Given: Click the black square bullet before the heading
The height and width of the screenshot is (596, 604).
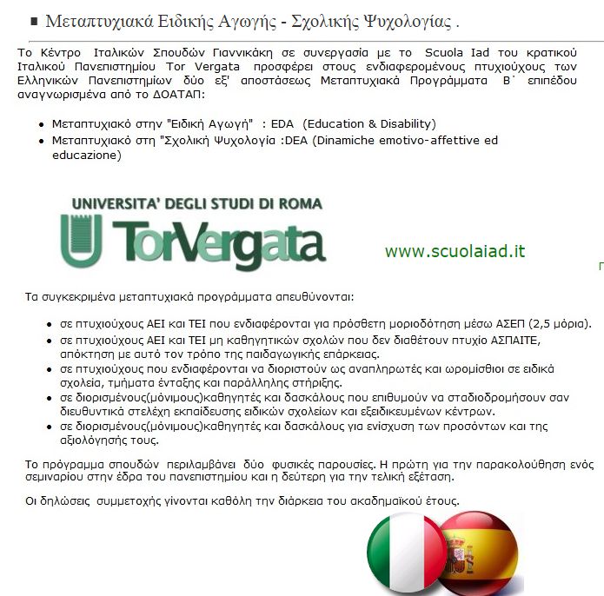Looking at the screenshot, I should (x=33, y=21).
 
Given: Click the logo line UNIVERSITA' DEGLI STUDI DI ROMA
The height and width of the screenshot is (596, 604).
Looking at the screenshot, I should (x=196, y=204).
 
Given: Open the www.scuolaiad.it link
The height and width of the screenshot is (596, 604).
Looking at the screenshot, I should (x=455, y=252).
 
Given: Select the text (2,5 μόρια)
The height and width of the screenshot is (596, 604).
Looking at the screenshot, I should (x=561, y=324).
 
